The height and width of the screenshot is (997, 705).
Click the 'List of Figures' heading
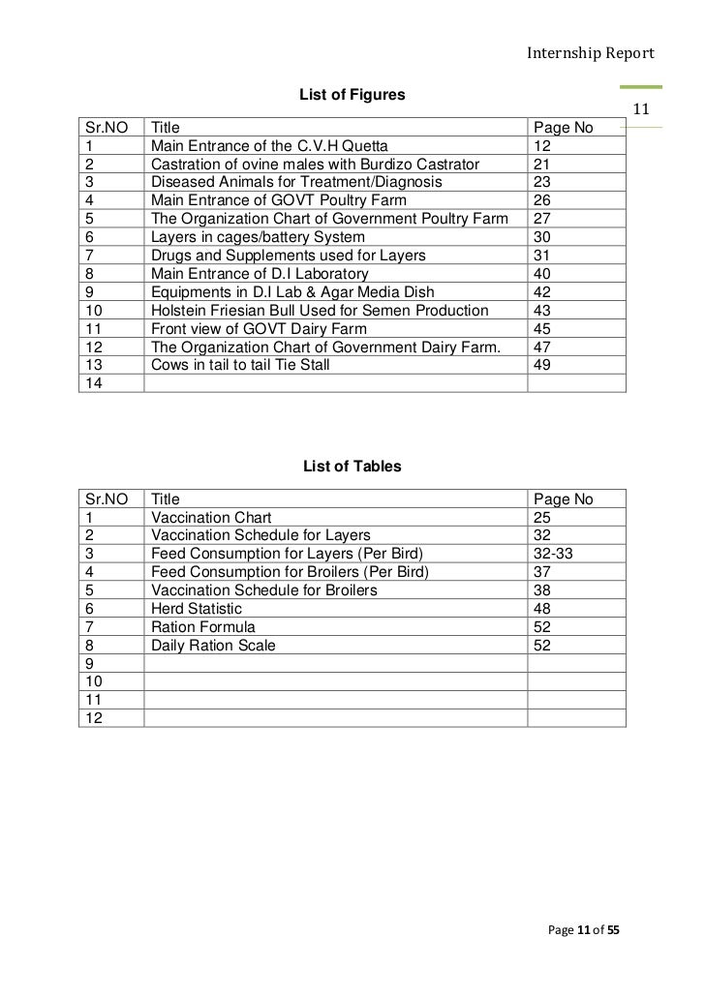352,96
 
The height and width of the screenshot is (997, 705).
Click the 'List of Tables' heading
352,468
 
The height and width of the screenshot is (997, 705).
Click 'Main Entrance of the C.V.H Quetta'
268,145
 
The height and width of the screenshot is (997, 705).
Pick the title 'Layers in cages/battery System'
258,236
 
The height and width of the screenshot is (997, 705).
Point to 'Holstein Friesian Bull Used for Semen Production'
320,310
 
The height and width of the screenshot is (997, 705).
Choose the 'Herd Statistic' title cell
197,609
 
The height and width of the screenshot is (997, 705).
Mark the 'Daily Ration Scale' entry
213,646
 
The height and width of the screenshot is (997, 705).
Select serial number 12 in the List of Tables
94,718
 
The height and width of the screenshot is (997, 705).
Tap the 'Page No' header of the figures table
564,127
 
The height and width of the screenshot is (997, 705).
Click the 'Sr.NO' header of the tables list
107,499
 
